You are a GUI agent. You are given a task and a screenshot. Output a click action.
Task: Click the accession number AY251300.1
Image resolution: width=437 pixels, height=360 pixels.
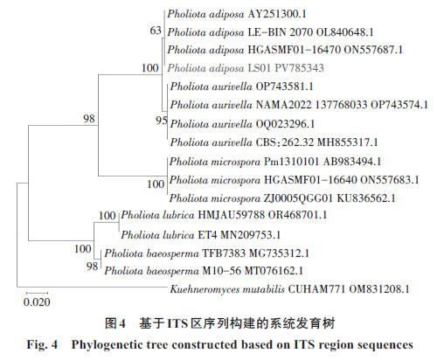click(x=277, y=14)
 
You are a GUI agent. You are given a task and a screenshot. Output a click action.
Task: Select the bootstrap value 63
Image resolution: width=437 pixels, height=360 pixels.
click(x=156, y=31)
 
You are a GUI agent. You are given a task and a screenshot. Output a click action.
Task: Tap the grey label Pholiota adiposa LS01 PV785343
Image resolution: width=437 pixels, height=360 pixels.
click(x=246, y=68)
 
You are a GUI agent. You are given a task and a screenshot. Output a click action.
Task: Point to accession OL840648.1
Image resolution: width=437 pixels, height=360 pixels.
click(x=344, y=32)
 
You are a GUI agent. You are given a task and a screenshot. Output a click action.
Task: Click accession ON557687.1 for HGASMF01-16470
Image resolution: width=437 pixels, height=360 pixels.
click(x=373, y=50)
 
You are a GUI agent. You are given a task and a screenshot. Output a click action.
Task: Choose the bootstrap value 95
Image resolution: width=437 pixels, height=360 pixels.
click(x=162, y=121)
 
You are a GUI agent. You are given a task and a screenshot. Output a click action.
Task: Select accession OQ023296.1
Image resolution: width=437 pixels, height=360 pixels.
click(x=285, y=124)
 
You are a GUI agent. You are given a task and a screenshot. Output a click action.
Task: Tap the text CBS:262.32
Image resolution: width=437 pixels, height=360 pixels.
click(x=285, y=142)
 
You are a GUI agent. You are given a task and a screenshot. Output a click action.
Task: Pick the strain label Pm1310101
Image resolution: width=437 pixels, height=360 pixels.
click(x=291, y=162)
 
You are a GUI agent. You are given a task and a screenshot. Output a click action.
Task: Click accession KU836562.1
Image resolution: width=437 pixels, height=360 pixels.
click(x=366, y=198)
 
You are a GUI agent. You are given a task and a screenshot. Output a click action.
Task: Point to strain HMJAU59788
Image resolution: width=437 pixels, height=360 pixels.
click(x=232, y=215)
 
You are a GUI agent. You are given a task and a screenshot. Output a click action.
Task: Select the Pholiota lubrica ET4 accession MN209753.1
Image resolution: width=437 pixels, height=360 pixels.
click(x=250, y=235)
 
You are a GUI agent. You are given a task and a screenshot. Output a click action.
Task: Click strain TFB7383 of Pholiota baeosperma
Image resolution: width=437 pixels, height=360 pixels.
click(x=224, y=253)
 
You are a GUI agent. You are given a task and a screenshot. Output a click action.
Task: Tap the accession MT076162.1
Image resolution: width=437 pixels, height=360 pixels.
click(x=274, y=271)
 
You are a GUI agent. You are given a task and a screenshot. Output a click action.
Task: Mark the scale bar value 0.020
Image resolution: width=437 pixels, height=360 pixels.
click(x=37, y=302)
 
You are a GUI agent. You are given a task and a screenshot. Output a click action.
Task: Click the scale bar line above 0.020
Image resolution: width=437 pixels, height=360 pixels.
click(x=37, y=293)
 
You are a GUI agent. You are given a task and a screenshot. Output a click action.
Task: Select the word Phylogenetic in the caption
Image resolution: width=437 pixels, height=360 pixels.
click(x=120, y=345)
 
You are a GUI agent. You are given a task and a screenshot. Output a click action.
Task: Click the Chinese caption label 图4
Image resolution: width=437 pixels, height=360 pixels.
click(x=115, y=323)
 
